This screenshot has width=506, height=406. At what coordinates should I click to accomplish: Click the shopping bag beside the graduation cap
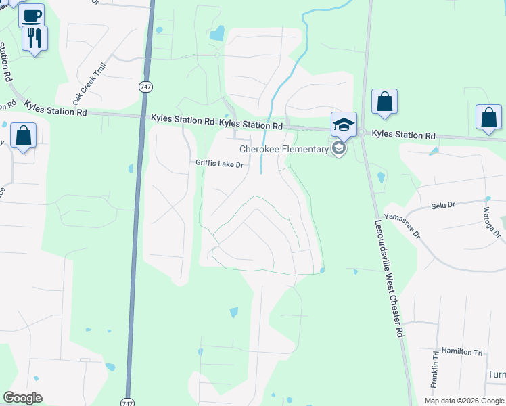pyautogui.click(x=384, y=102)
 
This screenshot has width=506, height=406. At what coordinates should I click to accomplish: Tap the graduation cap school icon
pyautogui.click(x=344, y=124)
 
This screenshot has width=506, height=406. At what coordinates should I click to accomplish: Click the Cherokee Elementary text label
pyautogui.click(x=284, y=149)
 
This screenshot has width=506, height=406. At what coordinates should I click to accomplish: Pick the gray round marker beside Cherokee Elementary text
pyautogui.click(x=339, y=149)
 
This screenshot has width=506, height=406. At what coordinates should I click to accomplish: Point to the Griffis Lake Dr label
pyautogui.click(x=219, y=163)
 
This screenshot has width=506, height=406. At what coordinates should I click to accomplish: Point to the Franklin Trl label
pyautogui.click(x=434, y=372)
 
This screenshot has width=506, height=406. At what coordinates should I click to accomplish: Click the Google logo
pyautogui.click(x=23, y=398)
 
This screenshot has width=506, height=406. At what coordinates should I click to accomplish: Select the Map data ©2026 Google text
pyautogui.click(x=464, y=401)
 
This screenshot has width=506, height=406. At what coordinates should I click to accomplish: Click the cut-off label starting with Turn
pyautogui.click(x=496, y=375)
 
